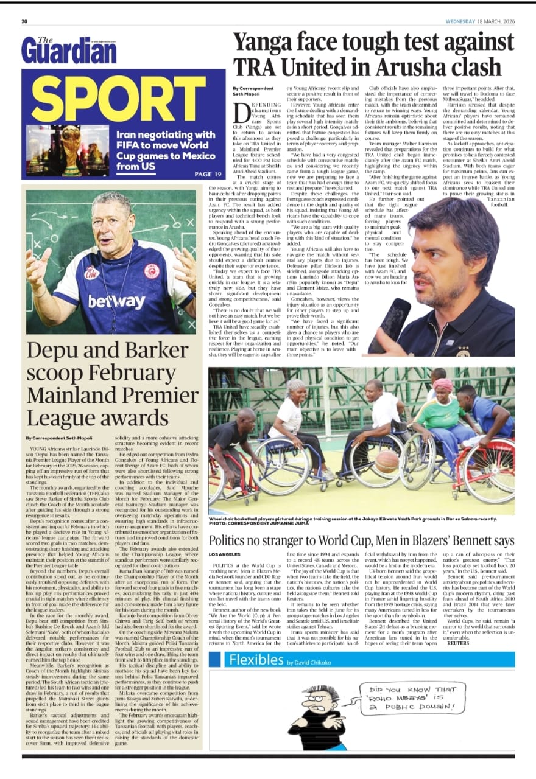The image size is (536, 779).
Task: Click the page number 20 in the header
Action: (25, 21)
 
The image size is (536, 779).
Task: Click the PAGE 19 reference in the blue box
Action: (206, 174)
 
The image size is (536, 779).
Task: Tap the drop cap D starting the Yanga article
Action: (241, 112)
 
